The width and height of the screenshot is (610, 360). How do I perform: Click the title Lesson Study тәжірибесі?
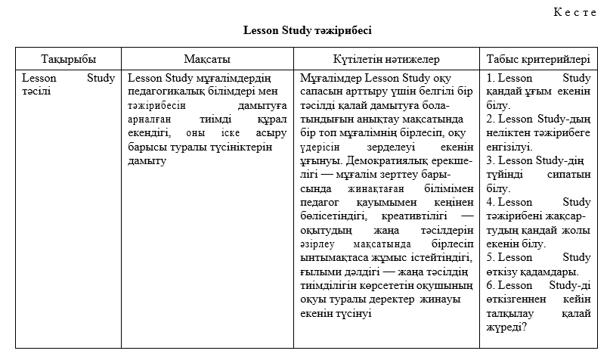[307, 31]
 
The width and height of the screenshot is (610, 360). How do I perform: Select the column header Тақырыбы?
[70, 58]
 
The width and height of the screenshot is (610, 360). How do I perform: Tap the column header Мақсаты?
[207, 58]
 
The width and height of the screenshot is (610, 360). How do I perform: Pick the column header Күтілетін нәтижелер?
[386, 58]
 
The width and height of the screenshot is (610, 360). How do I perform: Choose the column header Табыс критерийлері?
[537, 58]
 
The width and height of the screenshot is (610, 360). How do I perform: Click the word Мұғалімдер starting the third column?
[330, 78]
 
